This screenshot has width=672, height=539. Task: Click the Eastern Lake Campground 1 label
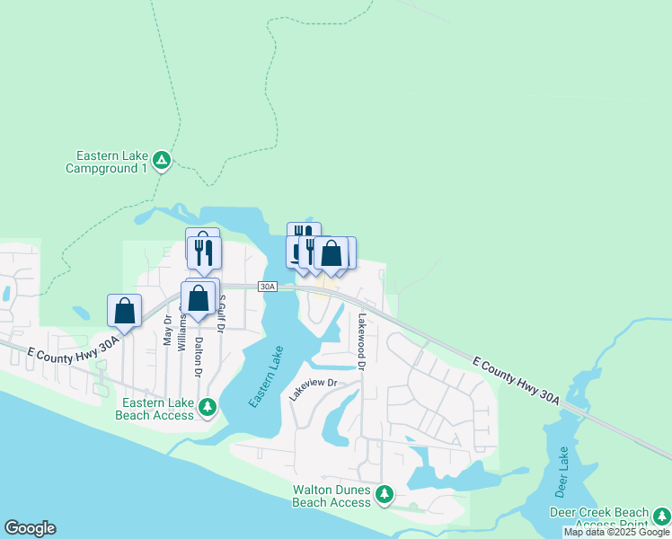(x=106, y=162)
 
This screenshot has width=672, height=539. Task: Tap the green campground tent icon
(x=162, y=161)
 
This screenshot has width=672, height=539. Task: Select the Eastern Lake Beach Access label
(x=155, y=409)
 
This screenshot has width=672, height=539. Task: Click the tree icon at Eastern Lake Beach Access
(x=208, y=409)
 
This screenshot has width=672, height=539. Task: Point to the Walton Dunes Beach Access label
(x=332, y=496)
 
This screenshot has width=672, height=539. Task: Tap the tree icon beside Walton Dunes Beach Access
(x=385, y=494)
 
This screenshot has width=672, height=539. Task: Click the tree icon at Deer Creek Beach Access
(x=662, y=516)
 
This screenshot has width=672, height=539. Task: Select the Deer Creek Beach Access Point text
(x=597, y=518)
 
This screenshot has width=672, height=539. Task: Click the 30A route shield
(x=267, y=287)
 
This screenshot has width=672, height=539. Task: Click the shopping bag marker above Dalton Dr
(x=199, y=297)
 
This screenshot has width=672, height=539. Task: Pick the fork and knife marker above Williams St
(x=204, y=252)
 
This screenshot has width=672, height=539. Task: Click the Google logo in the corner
(x=30, y=528)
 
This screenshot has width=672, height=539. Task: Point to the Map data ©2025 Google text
(x=616, y=532)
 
